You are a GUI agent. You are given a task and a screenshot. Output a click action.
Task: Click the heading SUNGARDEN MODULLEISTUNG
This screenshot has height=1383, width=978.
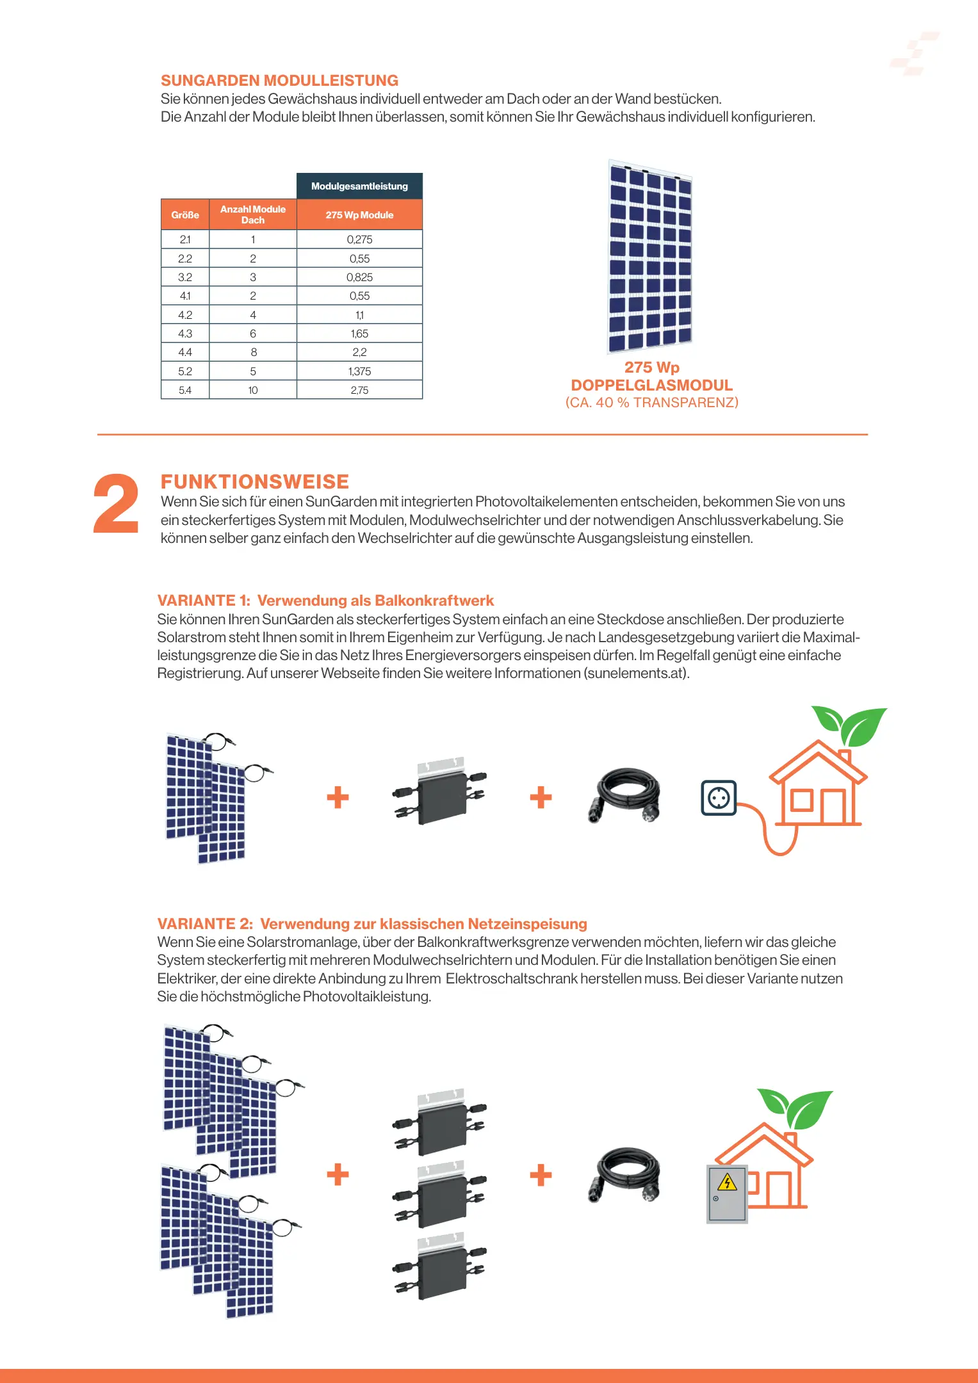coord(279,81)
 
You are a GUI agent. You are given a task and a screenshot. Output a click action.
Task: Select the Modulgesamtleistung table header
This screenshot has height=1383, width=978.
coord(359,186)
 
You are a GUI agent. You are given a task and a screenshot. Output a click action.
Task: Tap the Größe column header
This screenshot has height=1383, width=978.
coord(185,215)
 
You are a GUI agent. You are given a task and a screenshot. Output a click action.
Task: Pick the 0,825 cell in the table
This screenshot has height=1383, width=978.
coord(359,277)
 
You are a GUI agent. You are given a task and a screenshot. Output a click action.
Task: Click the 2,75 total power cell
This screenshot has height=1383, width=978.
coord(359,390)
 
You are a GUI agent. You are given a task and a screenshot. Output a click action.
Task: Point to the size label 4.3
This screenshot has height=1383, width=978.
coord(185,334)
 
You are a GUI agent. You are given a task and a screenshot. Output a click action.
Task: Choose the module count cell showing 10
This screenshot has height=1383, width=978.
coord(253,390)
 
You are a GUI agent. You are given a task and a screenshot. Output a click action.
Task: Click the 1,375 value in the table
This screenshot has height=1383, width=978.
coord(359,371)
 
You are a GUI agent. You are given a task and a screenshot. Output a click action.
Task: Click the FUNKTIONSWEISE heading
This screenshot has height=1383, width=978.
coord(255,481)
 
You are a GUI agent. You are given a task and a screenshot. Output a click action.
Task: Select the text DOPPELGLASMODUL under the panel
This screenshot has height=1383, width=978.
coord(651,385)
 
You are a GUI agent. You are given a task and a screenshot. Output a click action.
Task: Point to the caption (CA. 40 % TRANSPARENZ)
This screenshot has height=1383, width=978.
coord(651,403)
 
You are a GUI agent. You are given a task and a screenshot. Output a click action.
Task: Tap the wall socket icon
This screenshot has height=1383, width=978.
coord(719,798)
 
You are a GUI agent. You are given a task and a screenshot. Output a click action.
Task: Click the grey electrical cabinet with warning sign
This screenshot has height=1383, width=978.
coord(727,1193)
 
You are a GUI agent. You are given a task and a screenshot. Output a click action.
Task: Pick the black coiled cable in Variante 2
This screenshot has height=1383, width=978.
coord(624,1174)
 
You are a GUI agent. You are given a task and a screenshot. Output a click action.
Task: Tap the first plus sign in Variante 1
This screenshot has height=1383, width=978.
coord(338,798)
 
